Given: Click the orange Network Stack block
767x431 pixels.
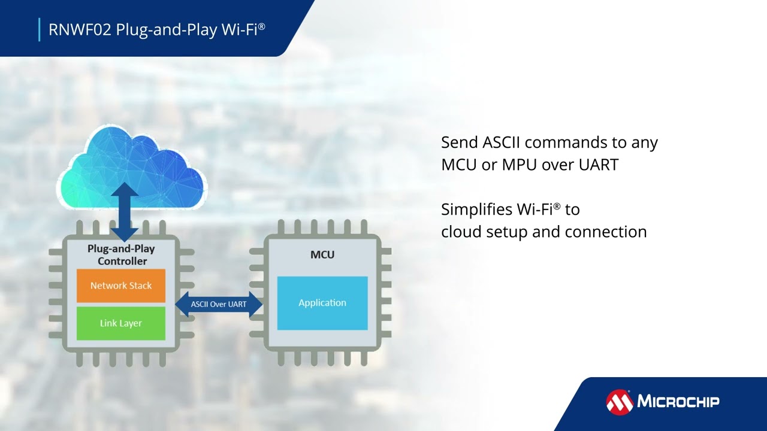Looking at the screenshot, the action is [x=121, y=286].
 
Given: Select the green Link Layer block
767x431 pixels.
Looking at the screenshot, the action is [x=121, y=323].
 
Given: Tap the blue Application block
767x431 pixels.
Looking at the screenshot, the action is [x=322, y=303].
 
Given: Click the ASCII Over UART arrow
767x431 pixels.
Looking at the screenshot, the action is [x=219, y=304].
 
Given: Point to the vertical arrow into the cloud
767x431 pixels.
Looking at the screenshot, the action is [x=125, y=212].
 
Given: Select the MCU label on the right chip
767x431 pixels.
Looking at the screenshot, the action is [x=322, y=254].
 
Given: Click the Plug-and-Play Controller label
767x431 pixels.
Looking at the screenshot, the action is [x=122, y=255].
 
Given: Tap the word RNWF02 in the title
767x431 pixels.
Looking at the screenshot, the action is [x=80, y=30].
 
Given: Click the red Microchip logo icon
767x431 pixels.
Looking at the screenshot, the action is [x=620, y=402].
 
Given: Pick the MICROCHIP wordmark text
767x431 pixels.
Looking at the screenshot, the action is [x=678, y=401].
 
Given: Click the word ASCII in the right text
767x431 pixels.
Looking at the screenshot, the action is [x=501, y=142].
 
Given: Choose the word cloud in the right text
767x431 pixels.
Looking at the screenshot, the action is [x=461, y=232].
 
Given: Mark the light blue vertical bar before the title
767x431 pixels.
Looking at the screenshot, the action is [x=40, y=29].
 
